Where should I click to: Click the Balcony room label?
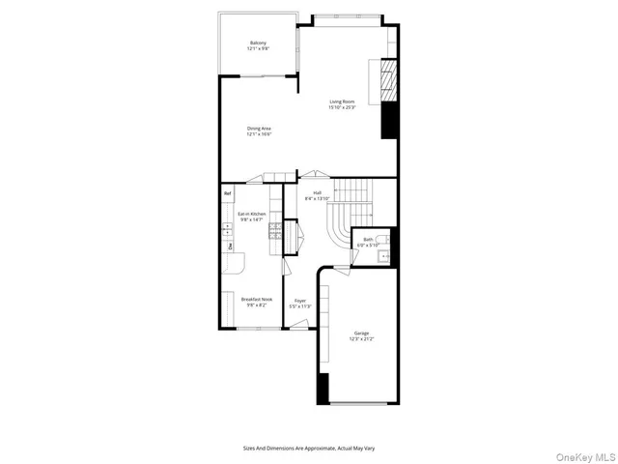[258, 45]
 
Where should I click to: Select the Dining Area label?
[258, 131]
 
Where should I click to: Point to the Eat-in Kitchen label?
[252, 217]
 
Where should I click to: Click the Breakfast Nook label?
[256, 302]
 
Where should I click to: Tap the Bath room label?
[368, 243]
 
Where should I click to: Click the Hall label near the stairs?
[318, 195]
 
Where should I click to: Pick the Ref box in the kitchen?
[228, 194]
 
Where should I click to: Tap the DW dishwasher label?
[230, 247]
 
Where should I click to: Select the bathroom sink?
[384, 256]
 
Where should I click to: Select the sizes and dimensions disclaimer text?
[308, 448]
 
